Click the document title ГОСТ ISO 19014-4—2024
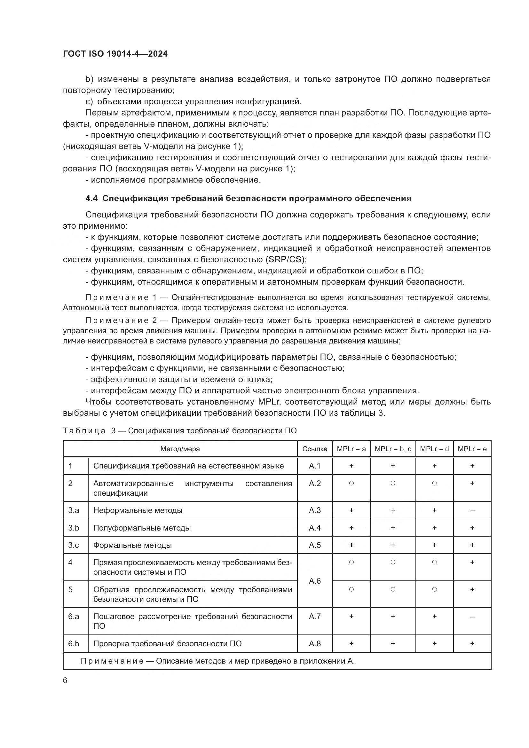(115, 54)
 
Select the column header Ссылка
(314, 449)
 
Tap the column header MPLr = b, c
(392, 449)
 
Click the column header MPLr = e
(472, 449)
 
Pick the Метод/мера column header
(180, 449)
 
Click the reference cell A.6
(314, 581)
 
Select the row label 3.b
(74, 528)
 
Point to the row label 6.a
(74, 616)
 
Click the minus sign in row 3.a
(472, 510)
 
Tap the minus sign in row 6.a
(472, 616)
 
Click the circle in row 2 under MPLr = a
(351, 483)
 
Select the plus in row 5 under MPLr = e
(472, 589)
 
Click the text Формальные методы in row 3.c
(132, 545)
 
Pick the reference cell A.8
(314, 643)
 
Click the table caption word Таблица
(84, 431)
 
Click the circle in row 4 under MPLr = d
(434, 562)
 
